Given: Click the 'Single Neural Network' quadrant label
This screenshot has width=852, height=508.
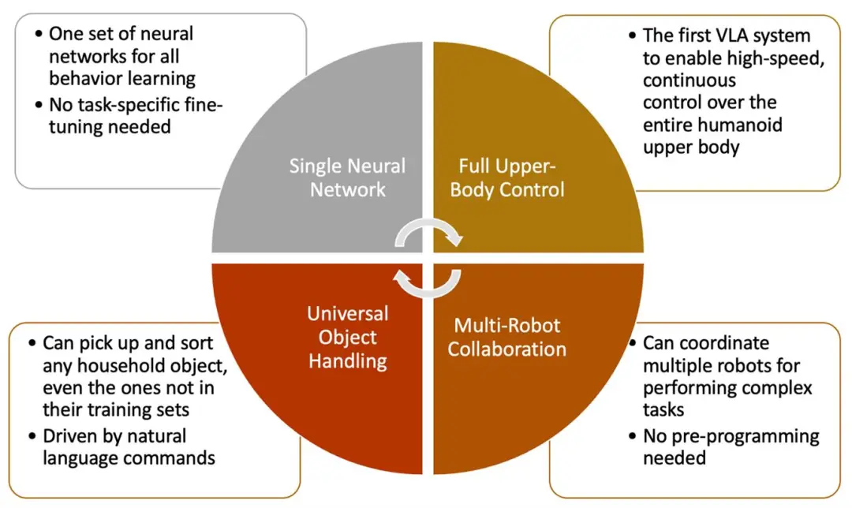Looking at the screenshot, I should coord(347,177).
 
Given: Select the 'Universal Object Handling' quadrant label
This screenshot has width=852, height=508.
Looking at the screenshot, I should coord(347,338).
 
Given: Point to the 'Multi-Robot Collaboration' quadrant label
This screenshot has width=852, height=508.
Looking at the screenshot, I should coord(507,337).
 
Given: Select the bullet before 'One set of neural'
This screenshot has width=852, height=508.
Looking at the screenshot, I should coord(38,34).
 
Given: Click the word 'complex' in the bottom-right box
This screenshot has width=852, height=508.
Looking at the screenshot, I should coord(781,388).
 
